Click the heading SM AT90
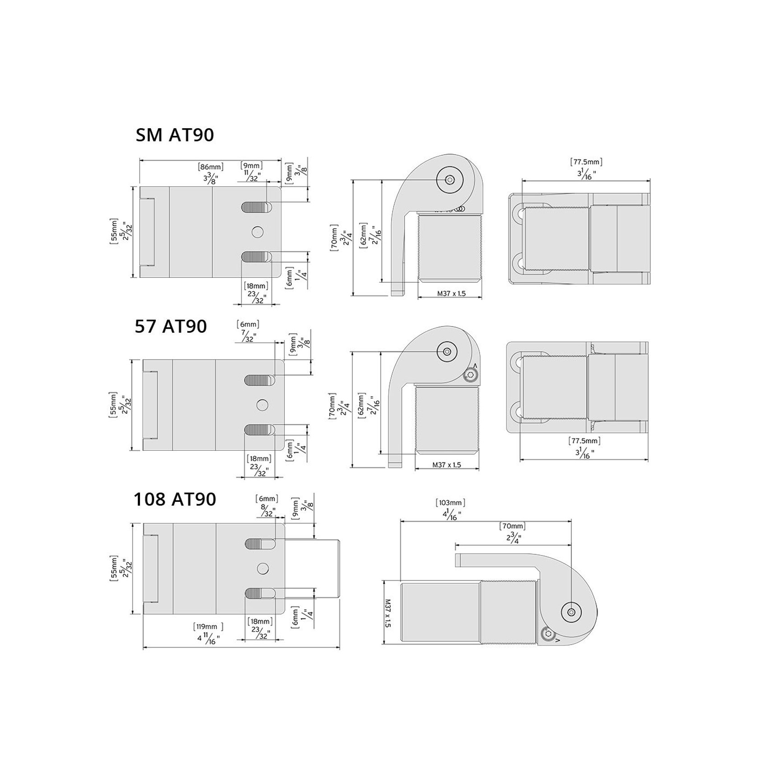click(x=175, y=135)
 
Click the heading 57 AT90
click(x=171, y=326)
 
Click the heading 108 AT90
click(x=175, y=499)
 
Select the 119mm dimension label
click(x=208, y=626)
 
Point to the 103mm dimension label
click(x=451, y=503)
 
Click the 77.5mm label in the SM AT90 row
click(x=586, y=161)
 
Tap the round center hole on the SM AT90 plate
click(x=258, y=232)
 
